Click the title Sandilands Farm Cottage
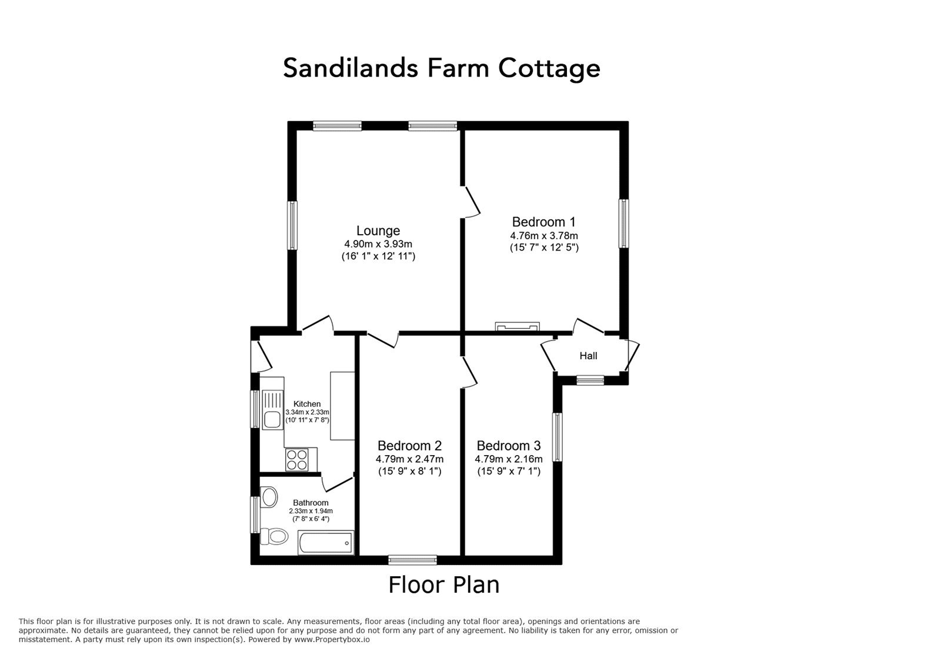[442, 68]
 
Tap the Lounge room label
[378, 231]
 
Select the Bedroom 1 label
[543, 222]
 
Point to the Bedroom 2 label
[409, 446]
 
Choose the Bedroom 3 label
[509, 446]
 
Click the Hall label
[588, 356]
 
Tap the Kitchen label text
[306, 404]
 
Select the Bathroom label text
[311, 503]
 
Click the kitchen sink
[272, 409]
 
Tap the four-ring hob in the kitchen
[296, 460]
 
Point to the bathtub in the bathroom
[326, 543]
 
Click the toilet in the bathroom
[274, 536]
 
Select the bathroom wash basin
[269, 497]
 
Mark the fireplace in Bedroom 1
[518, 326]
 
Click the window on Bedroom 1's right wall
[624, 223]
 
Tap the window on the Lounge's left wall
[292, 225]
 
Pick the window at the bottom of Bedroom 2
[412, 560]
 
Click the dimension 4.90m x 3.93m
[378, 244]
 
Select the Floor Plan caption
[444, 585]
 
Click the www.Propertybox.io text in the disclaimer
[332, 640]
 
